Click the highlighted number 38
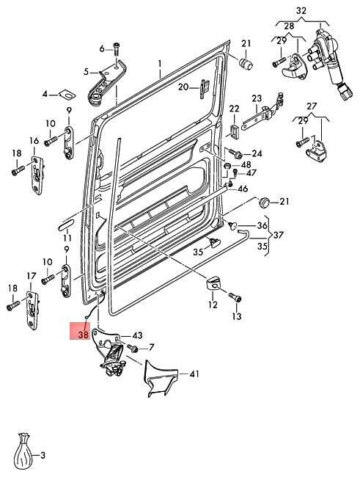coord(83,335)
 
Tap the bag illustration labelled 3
coord(23,451)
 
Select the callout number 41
coord(194,374)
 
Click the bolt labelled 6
coord(117,49)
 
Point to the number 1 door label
coord(159,64)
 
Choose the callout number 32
coord(301,11)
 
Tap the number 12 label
coord(213,305)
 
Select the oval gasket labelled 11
coord(66,225)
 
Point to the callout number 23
coord(257,98)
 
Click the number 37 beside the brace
coord(278,235)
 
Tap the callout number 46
coord(243,189)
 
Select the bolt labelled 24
coord(235,153)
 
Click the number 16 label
coord(34,141)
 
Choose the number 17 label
coord(32,276)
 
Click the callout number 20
coord(183,87)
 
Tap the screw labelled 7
coord(133,348)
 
